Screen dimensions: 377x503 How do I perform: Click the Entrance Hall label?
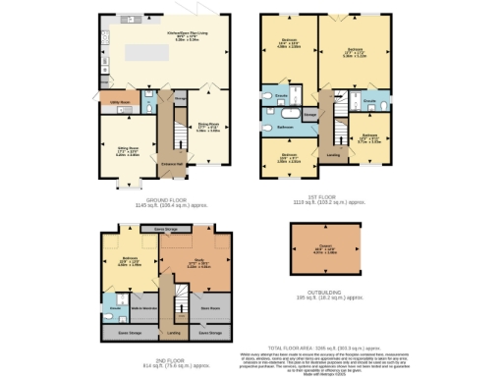pyautogui.click(x=173, y=162)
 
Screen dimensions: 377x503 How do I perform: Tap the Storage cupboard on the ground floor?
pyautogui.click(x=180, y=98)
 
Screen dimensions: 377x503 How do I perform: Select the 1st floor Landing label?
pyautogui.click(x=333, y=154)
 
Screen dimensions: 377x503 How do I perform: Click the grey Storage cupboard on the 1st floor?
pyautogui.click(x=310, y=116)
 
